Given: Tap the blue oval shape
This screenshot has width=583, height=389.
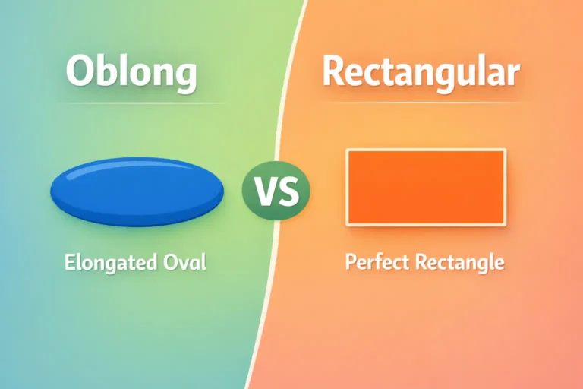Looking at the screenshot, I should pyautogui.click(x=137, y=191).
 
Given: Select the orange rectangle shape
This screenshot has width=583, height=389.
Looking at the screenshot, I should pyautogui.click(x=426, y=187).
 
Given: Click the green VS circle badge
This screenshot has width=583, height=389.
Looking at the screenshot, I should pyautogui.click(x=276, y=191).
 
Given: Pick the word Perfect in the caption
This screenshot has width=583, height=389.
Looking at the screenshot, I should pyautogui.click(x=377, y=263).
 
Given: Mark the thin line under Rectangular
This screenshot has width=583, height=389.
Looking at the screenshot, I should pyautogui.click(x=421, y=103).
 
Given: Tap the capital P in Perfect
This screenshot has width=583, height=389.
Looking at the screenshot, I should pyautogui.click(x=351, y=263).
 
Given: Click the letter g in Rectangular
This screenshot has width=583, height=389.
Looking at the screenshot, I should pyautogui.click(x=447, y=75).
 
